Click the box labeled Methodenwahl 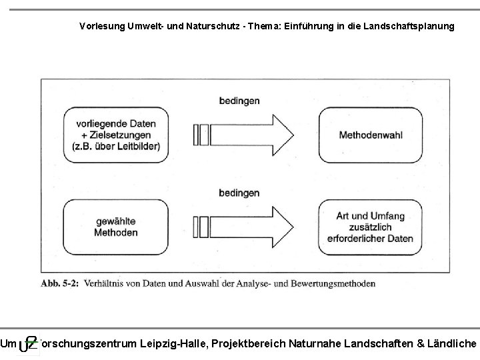click(x=371, y=135)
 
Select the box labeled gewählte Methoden click(x=117, y=227)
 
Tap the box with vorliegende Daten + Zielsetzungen click(x=117, y=135)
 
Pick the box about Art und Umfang click(x=371, y=227)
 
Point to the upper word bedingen click(x=239, y=101)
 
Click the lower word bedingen click(x=239, y=193)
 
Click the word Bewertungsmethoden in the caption click(x=337, y=283)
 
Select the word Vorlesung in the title click(x=99, y=27)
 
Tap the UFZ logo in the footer click(x=27, y=344)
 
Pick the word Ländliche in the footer click(x=455, y=343)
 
